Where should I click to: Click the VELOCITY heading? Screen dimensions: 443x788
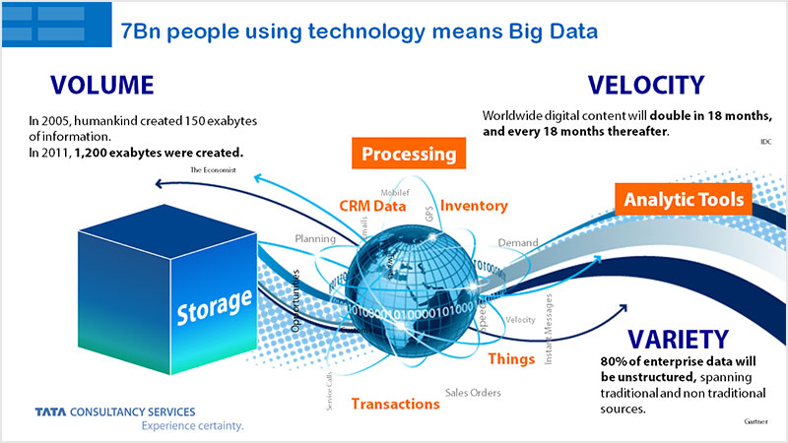point(645,85)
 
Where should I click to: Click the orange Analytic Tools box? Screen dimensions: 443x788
point(684,200)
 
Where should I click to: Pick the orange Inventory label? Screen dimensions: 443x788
point(474,206)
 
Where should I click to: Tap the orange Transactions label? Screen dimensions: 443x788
point(395,404)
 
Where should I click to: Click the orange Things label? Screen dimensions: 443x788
point(511,358)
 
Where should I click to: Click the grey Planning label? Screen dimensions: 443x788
point(315,238)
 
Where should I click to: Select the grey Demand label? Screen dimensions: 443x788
point(517,242)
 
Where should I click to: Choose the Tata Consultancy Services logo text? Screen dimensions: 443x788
point(114,411)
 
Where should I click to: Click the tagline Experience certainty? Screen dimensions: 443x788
point(192,426)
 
